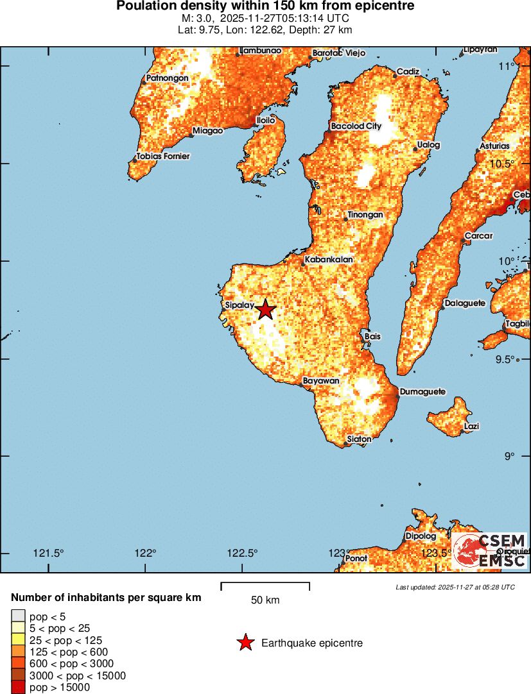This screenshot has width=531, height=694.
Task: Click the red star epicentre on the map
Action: tap(265, 310)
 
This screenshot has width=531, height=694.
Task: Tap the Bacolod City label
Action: tap(356, 126)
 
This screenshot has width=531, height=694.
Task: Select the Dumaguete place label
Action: tap(422, 392)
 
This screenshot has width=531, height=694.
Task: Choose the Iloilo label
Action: tap(266, 120)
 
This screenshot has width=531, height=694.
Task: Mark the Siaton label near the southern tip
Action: tap(359, 439)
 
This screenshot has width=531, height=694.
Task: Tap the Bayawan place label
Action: tap(320, 381)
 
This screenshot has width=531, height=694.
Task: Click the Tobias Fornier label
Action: tap(163, 157)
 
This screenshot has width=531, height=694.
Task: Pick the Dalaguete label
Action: tap(465, 303)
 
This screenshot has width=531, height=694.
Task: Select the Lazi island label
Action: tap(471, 427)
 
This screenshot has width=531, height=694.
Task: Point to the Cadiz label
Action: tap(408, 72)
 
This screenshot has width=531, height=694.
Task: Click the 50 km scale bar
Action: tap(265, 585)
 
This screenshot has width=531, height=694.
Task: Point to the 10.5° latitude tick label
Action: tap(501, 164)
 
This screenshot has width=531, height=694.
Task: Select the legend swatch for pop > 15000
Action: tap(18, 687)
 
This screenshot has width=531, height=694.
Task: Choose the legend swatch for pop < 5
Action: tap(18, 617)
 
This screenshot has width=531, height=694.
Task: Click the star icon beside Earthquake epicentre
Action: tap(245, 643)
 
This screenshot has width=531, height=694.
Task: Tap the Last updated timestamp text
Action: tap(455, 587)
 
